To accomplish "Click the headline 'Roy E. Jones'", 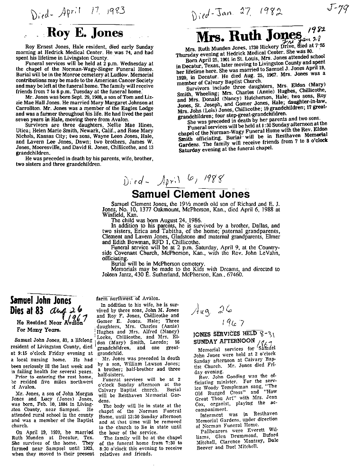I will tap(86, 33).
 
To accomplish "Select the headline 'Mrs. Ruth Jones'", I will tap(249, 37).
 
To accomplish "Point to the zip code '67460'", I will tap(234, 275).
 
